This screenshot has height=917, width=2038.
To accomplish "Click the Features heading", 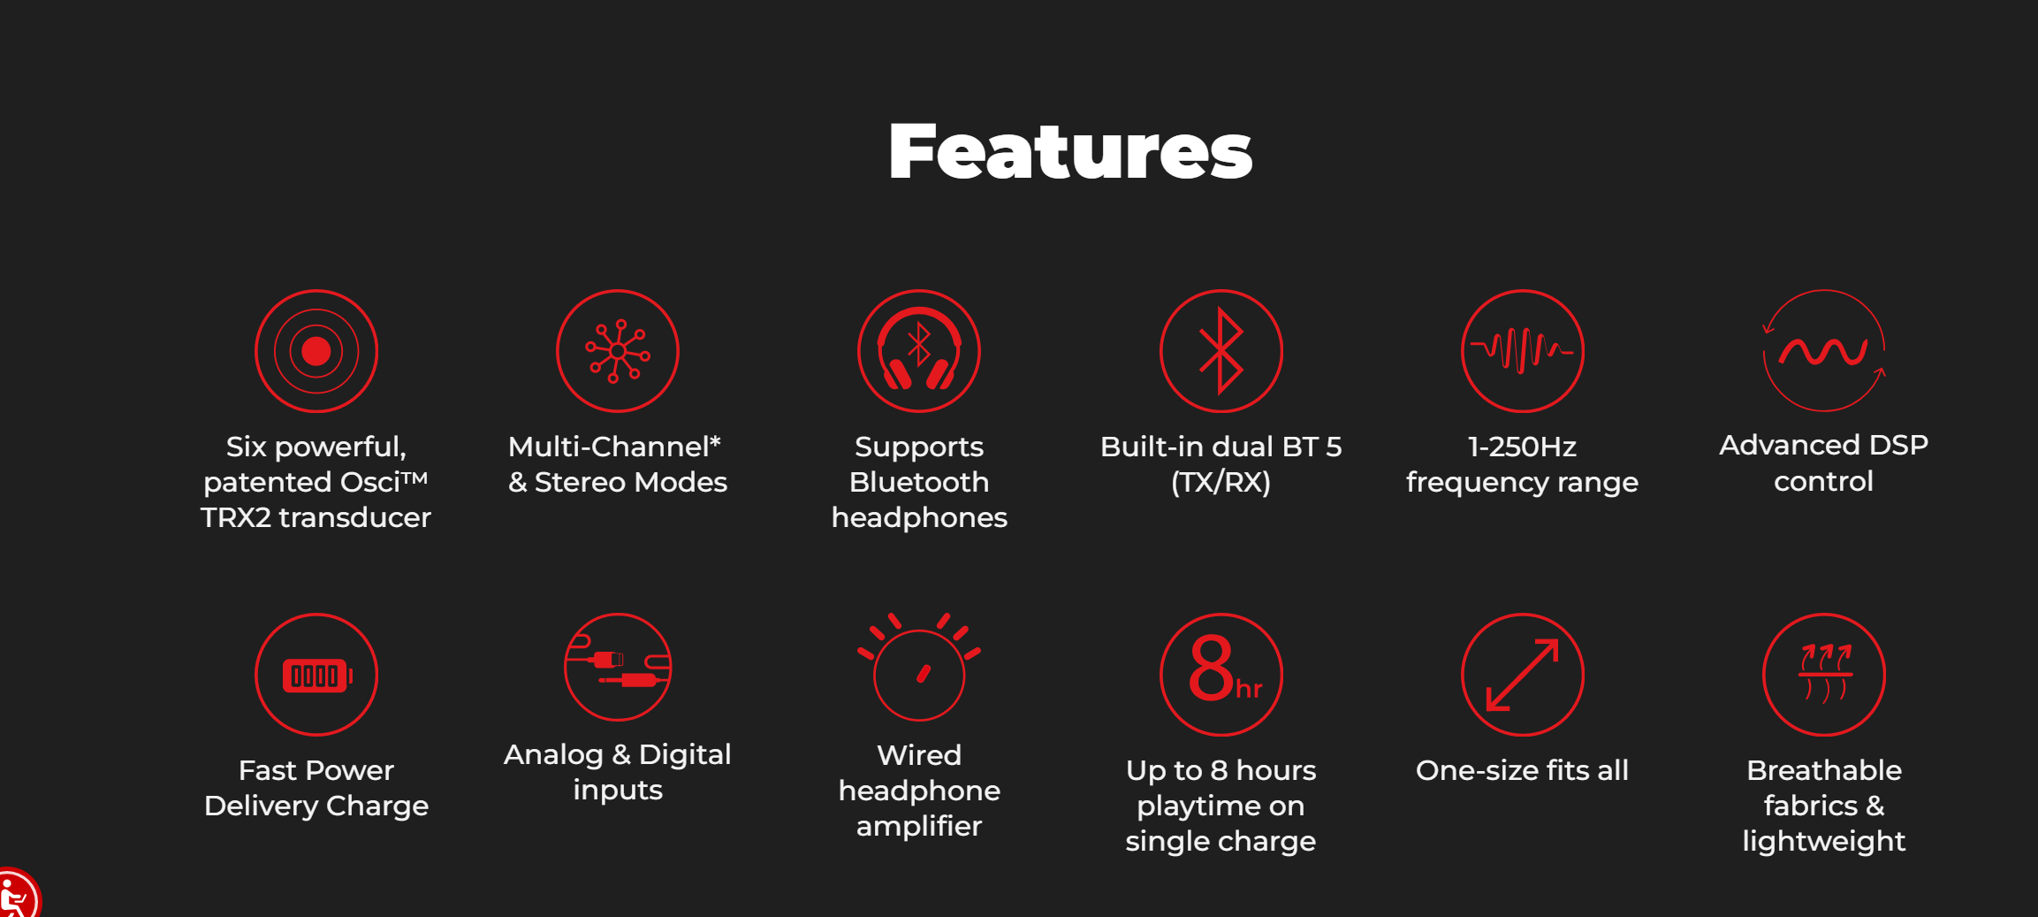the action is coord(1070,151).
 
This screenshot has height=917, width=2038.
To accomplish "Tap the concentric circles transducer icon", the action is coord(316,351).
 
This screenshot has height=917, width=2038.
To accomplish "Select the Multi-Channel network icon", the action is coord(618,351).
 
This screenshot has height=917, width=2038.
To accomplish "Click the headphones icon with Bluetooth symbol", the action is coord(919,351).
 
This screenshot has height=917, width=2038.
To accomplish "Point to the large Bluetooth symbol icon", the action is coord(1221,351).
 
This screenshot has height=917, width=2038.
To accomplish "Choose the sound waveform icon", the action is coord(1523,351).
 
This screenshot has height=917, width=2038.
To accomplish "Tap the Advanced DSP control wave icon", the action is coord(1824,351).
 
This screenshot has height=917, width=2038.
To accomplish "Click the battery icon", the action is coord(316,675).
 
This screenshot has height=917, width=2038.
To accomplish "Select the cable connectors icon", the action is coord(618,667).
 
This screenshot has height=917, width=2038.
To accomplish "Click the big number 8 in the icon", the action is coord(1211,668).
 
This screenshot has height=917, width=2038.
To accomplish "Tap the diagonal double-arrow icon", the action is coord(1523,675).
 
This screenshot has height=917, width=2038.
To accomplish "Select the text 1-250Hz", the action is coord(1522,447).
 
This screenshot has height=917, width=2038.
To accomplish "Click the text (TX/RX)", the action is coord(1221,482).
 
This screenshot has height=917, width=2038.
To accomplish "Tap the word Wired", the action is coord(919,755).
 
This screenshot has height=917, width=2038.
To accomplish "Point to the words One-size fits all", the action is coord(1522,770).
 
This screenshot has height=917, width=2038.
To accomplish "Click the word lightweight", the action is coord(1824,841).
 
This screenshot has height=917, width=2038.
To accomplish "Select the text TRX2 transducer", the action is coord(316,517).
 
